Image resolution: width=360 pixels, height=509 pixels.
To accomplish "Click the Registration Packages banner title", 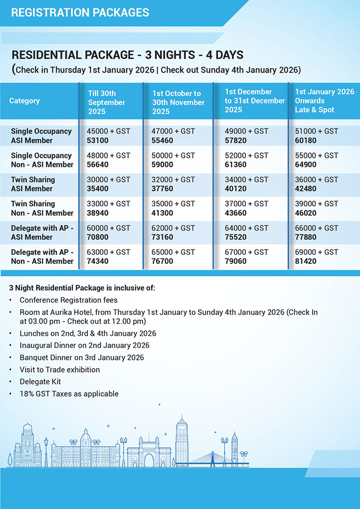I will point(80,12).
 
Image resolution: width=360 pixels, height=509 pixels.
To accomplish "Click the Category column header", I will point(24,101).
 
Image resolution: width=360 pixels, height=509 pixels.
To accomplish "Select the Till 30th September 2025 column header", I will point(106,102).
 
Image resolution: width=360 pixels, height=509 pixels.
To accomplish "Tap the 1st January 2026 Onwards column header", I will point(324,101).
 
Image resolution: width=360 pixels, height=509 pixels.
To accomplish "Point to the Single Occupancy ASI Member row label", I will point(41,136).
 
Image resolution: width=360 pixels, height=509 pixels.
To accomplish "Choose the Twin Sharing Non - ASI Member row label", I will point(42,208).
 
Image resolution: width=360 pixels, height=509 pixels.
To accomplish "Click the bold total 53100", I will point(99,141).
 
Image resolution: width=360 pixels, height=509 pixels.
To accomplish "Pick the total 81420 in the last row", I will point(305,261).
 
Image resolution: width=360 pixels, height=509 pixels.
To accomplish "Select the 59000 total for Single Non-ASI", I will point(163,165).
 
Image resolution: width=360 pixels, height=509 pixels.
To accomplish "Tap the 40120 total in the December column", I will point(236,189).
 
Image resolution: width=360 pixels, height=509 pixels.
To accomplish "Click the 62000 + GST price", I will point(173,228).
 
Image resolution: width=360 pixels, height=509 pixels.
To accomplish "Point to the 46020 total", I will point(305,213).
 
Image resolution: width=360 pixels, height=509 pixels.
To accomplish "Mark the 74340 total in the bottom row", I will point(99,261).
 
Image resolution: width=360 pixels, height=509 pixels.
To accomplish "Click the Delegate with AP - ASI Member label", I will point(42,233).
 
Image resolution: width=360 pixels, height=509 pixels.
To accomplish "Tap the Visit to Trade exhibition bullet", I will point(60,370).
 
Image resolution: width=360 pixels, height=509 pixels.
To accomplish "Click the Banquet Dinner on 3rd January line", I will point(82,357).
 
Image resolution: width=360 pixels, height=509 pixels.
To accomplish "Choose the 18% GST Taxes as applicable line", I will point(69,394).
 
